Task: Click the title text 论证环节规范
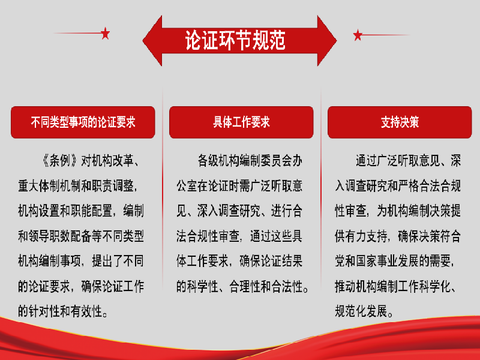pyautogui.click(x=235, y=40)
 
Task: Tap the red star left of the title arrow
pyautogui.click(x=106, y=34)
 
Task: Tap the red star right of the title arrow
pyautogui.click(x=358, y=35)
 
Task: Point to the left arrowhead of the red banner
pyautogui.click(x=152, y=41)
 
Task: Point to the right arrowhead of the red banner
pyautogui.click(x=327, y=41)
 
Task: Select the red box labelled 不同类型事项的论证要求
pyautogui.click(x=83, y=122)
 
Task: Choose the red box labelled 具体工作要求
pyautogui.click(x=241, y=122)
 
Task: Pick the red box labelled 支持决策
pyautogui.click(x=400, y=122)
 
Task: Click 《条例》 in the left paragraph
pyautogui.click(x=59, y=161)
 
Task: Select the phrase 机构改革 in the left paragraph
pyautogui.click(x=112, y=161)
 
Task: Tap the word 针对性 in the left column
pyautogui.click(x=44, y=311)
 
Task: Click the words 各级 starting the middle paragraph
pyautogui.click(x=208, y=161)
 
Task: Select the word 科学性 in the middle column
pyautogui.click(x=202, y=286)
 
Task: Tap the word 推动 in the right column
pyautogui.click(x=346, y=286)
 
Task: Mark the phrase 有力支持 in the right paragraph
pyautogui.click(x=366, y=236)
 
